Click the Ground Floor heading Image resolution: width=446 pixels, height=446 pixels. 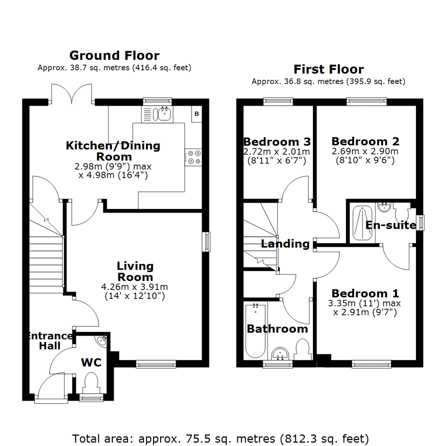tap(114, 55)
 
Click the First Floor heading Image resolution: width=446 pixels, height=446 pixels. tap(328, 69)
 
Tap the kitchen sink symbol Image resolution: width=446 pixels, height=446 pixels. tap(164, 114)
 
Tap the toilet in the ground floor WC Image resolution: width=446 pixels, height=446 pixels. tap(90, 382)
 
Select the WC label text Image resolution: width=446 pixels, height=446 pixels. tap(91, 362)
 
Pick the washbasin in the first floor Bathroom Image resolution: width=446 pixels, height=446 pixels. tap(281, 353)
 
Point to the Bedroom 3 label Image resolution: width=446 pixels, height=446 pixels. tap(277, 142)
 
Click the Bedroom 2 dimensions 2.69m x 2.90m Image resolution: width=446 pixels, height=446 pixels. tap(365, 152)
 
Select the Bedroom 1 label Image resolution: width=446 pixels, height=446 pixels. tap(365, 294)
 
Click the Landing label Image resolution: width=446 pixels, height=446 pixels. tap(285, 244)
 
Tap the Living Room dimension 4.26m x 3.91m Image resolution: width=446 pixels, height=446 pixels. tap(135, 287)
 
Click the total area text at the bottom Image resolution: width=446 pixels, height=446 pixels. tap(221, 438)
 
